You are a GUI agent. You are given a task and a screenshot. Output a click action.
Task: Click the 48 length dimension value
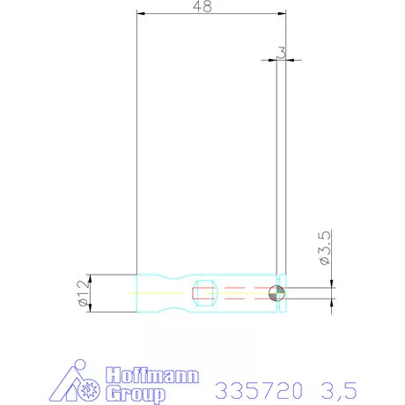[202, 7]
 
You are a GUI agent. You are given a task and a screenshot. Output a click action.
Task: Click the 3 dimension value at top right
[281, 53]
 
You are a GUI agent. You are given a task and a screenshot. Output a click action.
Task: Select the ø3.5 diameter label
[324, 249]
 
